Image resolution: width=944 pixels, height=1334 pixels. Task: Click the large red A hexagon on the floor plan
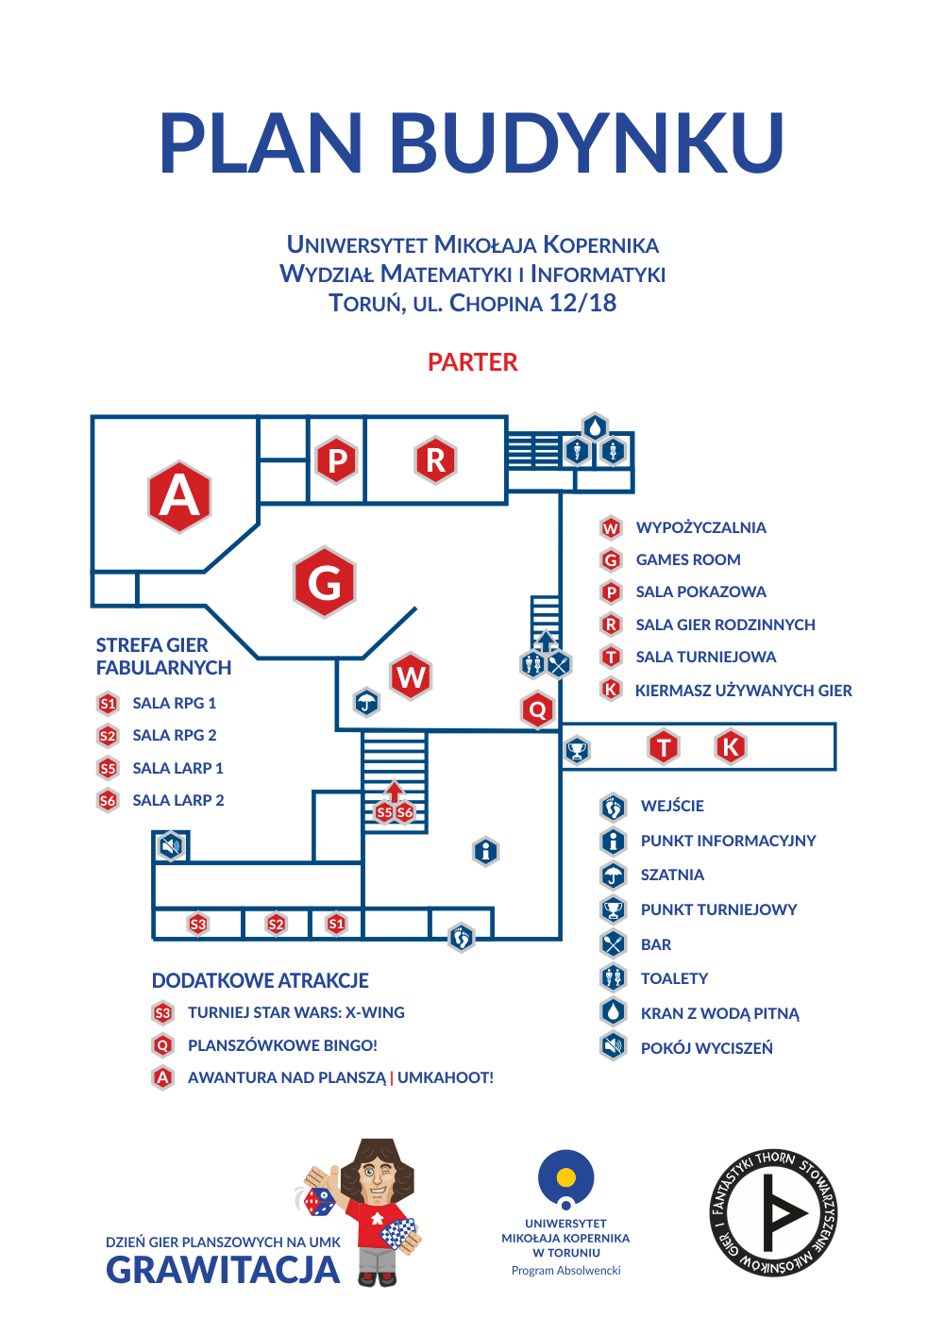[x=179, y=496]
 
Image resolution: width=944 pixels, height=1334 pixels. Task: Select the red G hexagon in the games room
[x=324, y=582]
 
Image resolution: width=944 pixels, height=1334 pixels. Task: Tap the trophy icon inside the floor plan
[x=577, y=750]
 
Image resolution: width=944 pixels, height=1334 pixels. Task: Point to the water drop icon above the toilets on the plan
[x=595, y=427]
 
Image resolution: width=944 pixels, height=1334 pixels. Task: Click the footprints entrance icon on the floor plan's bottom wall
[x=461, y=938]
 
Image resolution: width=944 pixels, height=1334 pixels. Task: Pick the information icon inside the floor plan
[x=486, y=851]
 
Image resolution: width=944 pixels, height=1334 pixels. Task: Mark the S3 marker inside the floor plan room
[x=198, y=925]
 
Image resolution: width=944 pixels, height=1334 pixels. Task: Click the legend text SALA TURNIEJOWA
[x=705, y=657]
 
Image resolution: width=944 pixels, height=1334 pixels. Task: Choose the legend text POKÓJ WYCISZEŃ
[x=706, y=1048]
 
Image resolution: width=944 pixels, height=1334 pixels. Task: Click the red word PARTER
[x=473, y=362]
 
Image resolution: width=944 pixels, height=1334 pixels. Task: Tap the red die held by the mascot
[x=320, y=1202]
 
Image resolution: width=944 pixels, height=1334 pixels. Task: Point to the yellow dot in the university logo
[x=565, y=1177]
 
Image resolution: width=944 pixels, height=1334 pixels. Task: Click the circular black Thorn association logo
[x=773, y=1213]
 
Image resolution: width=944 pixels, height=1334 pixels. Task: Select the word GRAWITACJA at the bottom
[x=224, y=1270]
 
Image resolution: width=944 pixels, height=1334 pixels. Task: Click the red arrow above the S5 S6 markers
[x=394, y=792]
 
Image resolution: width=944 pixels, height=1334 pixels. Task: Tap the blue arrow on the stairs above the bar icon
[x=546, y=642]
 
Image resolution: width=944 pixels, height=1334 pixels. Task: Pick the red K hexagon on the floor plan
[x=731, y=746]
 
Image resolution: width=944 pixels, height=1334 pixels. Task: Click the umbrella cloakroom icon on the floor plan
[x=366, y=702]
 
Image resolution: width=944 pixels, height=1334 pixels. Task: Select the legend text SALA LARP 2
[x=178, y=800]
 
